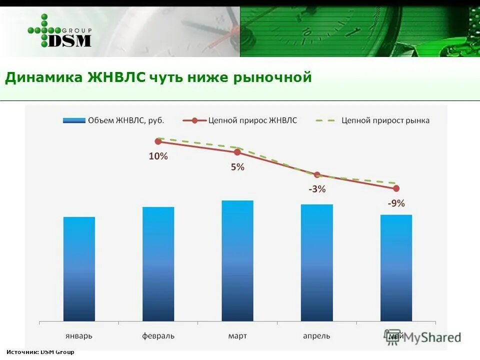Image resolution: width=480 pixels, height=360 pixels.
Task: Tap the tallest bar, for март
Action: tap(237, 260)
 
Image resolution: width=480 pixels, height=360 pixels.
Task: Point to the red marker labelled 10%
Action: tap(158, 141)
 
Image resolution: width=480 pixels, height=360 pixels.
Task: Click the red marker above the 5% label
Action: tap(237, 152)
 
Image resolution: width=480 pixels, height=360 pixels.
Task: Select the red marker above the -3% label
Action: tap(317, 175)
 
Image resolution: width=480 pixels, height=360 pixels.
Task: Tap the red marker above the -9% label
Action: tap(396, 188)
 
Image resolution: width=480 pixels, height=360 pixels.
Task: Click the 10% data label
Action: tap(158, 156)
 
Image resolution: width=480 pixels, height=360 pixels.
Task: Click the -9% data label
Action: tap(396, 203)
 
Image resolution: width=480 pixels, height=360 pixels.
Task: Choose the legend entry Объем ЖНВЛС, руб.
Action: tap(113, 120)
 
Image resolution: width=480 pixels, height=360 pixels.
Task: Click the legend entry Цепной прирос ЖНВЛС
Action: tap(239, 120)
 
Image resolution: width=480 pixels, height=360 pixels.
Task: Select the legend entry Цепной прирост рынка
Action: tap(372, 120)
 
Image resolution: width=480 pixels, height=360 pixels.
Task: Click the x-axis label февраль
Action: tap(158, 335)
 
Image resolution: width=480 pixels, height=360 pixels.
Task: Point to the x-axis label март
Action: tap(237, 335)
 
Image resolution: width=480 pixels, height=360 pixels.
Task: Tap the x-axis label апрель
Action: tap(316, 335)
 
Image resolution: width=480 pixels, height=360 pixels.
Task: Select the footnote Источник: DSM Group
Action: tap(40, 352)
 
